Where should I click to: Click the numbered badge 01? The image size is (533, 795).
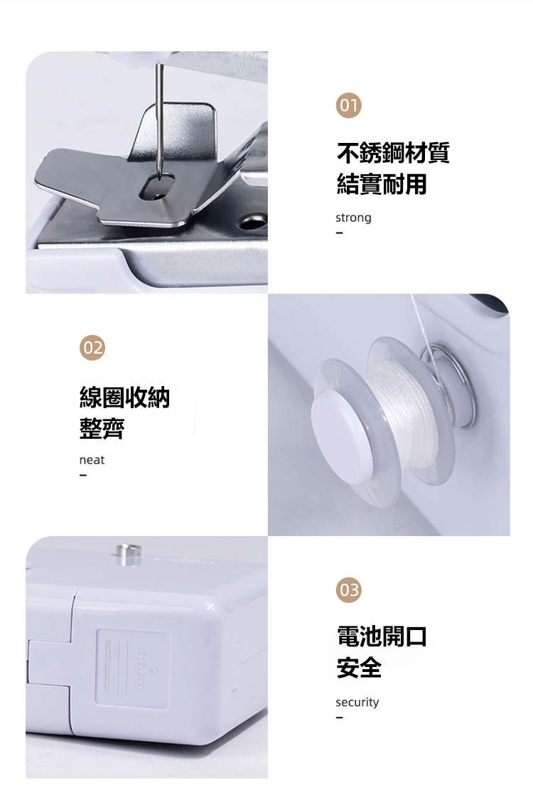pyautogui.click(x=348, y=105)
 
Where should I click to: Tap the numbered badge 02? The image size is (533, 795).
pyautogui.click(x=92, y=348)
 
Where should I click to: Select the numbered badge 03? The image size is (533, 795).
pyautogui.click(x=348, y=590)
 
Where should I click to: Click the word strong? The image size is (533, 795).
pyautogui.click(x=353, y=218)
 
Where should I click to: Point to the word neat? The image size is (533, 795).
pyautogui.click(x=92, y=460)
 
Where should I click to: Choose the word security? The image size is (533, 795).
pyautogui.click(x=357, y=703)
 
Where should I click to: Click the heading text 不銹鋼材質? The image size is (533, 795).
pyautogui.click(x=393, y=153)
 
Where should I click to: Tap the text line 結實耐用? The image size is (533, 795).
pyautogui.click(x=382, y=183)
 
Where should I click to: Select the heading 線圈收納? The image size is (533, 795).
pyautogui.click(x=124, y=397)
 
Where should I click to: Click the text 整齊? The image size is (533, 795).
pyautogui.click(x=102, y=428)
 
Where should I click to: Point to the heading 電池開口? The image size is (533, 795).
pyautogui.click(x=382, y=636)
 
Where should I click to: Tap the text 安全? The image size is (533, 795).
pyautogui.click(x=359, y=667)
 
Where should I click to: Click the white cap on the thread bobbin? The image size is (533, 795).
pyautogui.click(x=343, y=437)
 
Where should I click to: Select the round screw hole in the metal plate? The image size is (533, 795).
pyautogui.click(x=252, y=222)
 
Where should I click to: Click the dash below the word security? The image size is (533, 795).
pyautogui.click(x=339, y=717)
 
